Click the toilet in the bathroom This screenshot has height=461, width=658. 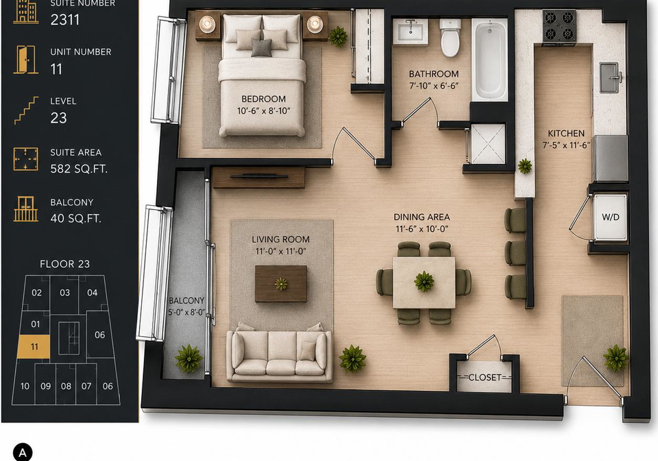450,37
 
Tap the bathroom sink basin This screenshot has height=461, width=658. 411,31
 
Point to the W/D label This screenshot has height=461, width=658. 611,217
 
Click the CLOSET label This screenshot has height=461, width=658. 485,377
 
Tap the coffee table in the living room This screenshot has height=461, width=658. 281,283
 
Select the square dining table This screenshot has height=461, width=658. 424,283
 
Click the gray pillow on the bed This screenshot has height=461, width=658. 261,47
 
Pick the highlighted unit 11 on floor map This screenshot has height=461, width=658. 34,346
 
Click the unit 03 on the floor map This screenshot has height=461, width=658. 64,293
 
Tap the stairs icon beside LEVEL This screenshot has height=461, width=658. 26,110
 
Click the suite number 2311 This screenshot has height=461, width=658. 65,20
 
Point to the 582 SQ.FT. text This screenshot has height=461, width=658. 79,169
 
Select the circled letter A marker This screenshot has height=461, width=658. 23,453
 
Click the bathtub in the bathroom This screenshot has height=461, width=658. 489,59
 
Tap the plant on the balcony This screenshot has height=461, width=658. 188,359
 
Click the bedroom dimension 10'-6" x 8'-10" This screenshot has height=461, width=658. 263,111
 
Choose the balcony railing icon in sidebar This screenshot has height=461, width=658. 26,209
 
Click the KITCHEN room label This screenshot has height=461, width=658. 566,134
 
